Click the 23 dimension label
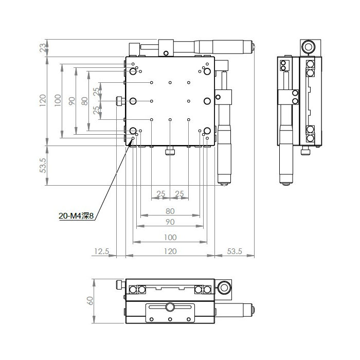coord(43,48)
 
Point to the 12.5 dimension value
coord(101,251)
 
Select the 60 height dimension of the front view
coord(90,300)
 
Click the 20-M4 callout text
coord(77,216)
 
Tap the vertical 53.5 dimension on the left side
coord(43,165)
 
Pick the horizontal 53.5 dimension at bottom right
coord(235,251)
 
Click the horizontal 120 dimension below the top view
coord(170,251)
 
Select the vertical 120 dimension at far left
coord(43,100)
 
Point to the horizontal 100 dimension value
coord(170,238)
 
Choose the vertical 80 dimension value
coord(85,101)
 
